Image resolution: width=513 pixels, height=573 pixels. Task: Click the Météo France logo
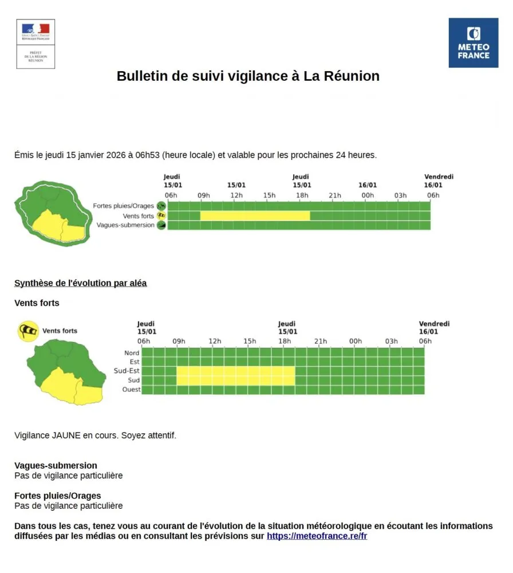473,42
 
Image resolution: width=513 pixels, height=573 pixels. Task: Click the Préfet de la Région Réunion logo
35,44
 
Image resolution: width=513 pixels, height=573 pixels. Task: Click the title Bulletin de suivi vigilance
248,76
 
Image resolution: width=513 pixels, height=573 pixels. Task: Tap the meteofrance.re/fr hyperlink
317,536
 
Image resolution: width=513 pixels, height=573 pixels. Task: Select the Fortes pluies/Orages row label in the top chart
124,206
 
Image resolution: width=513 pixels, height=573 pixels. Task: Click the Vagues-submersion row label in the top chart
125,225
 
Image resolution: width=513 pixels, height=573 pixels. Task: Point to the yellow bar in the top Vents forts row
255,216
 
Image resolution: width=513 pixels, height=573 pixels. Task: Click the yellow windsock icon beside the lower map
28,331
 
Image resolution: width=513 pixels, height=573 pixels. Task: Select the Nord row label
131,353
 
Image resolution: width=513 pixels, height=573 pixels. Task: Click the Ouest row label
131,390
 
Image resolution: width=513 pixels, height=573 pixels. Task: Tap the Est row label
134,362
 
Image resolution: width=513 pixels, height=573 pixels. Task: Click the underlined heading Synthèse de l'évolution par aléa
80,283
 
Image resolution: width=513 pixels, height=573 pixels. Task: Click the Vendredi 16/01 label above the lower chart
434,328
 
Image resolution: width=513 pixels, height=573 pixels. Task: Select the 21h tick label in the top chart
335,196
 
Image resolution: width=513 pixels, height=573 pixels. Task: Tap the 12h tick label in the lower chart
215,342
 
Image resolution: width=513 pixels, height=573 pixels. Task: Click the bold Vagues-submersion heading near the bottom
56,465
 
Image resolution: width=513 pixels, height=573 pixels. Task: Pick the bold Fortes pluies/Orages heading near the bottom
57,496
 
